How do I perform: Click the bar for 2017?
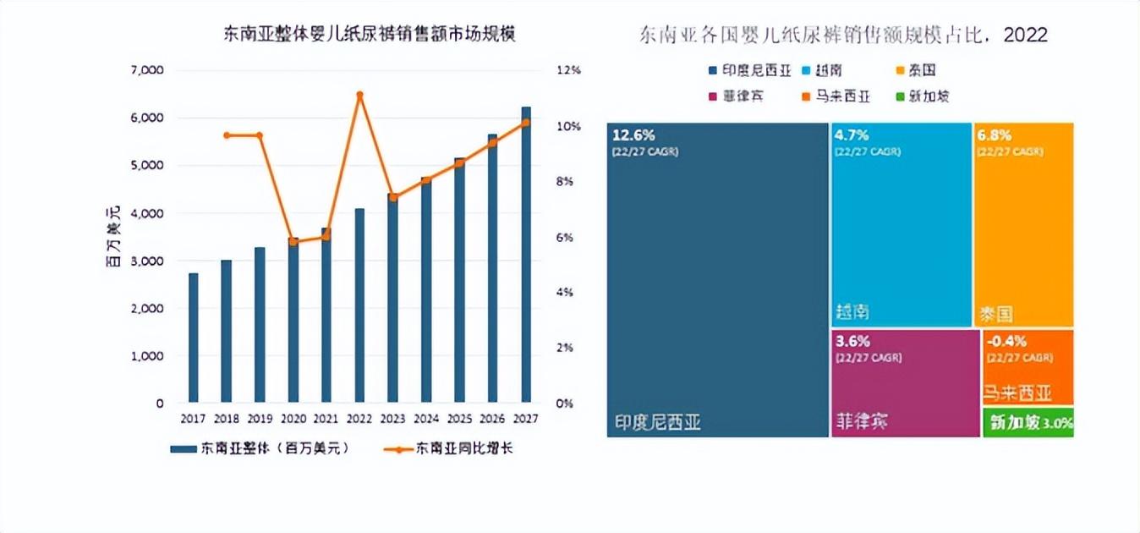193,338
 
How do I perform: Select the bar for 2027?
526,254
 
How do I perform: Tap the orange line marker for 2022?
359,95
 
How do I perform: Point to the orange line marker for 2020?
293,242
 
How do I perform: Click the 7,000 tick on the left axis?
147,70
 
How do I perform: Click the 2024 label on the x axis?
426,419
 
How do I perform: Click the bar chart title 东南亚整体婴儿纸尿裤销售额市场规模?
369,35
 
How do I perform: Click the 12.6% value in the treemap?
634,135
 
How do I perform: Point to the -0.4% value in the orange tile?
1006,342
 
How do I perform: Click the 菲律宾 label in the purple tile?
862,420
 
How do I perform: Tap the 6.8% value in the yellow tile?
995,135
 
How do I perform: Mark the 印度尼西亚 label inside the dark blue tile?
657,421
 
